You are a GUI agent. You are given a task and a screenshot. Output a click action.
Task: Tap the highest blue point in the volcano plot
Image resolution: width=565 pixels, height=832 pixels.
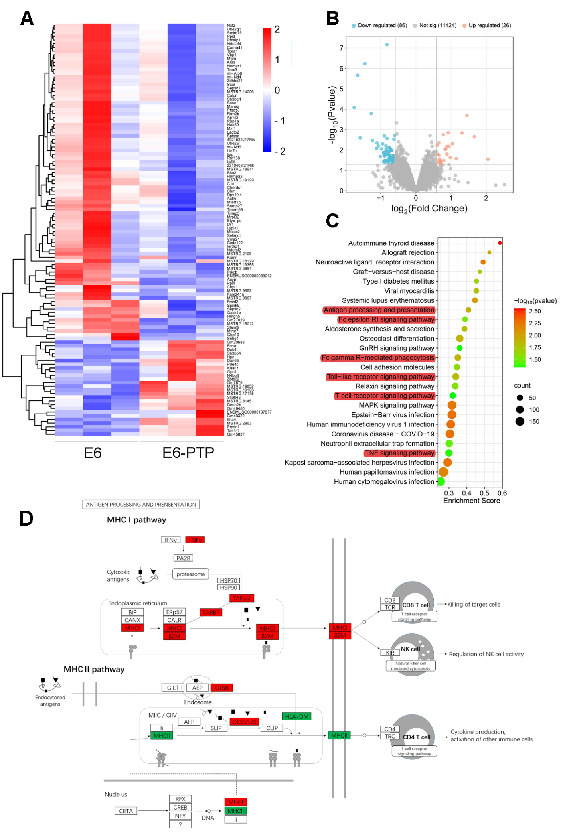[387, 45]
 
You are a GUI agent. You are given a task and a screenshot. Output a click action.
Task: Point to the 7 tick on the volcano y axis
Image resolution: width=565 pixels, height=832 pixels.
[341, 48]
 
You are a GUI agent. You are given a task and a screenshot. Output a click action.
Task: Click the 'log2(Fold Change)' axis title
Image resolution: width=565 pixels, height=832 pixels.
[429, 209]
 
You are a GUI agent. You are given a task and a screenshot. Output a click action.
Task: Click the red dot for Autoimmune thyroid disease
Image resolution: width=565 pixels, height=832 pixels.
[500, 243]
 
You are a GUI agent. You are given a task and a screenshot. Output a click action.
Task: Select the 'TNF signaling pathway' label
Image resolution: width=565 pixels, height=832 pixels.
[399, 453]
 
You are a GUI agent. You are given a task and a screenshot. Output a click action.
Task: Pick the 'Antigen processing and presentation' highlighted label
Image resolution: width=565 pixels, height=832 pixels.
[379, 310]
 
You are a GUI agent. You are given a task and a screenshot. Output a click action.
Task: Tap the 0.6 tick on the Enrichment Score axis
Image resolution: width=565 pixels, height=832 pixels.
[502, 493]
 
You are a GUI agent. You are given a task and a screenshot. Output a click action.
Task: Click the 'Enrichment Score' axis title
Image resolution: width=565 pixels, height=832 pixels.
[471, 501]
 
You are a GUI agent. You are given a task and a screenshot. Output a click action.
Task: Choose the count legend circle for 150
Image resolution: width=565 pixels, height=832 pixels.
[520, 421]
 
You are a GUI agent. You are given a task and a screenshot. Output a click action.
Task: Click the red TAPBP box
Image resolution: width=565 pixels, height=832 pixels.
[211, 612]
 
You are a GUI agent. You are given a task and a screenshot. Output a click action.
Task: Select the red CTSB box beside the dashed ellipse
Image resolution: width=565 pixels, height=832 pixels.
[221, 688]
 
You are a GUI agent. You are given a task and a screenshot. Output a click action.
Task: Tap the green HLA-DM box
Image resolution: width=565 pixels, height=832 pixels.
[296, 716]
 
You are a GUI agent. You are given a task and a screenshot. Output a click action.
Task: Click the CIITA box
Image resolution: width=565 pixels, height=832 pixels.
[126, 811]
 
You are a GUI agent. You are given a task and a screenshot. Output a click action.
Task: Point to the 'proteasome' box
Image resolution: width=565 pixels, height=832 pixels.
[191, 574]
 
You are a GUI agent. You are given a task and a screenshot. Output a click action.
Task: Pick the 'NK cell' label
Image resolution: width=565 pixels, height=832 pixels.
[410, 649]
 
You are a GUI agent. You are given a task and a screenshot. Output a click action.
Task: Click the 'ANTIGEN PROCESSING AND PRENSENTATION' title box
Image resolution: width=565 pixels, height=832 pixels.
[141, 505]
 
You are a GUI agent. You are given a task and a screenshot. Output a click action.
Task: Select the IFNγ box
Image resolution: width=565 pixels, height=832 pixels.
[171, 540]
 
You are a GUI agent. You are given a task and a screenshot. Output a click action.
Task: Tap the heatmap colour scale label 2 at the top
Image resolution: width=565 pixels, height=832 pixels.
[277, 29]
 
